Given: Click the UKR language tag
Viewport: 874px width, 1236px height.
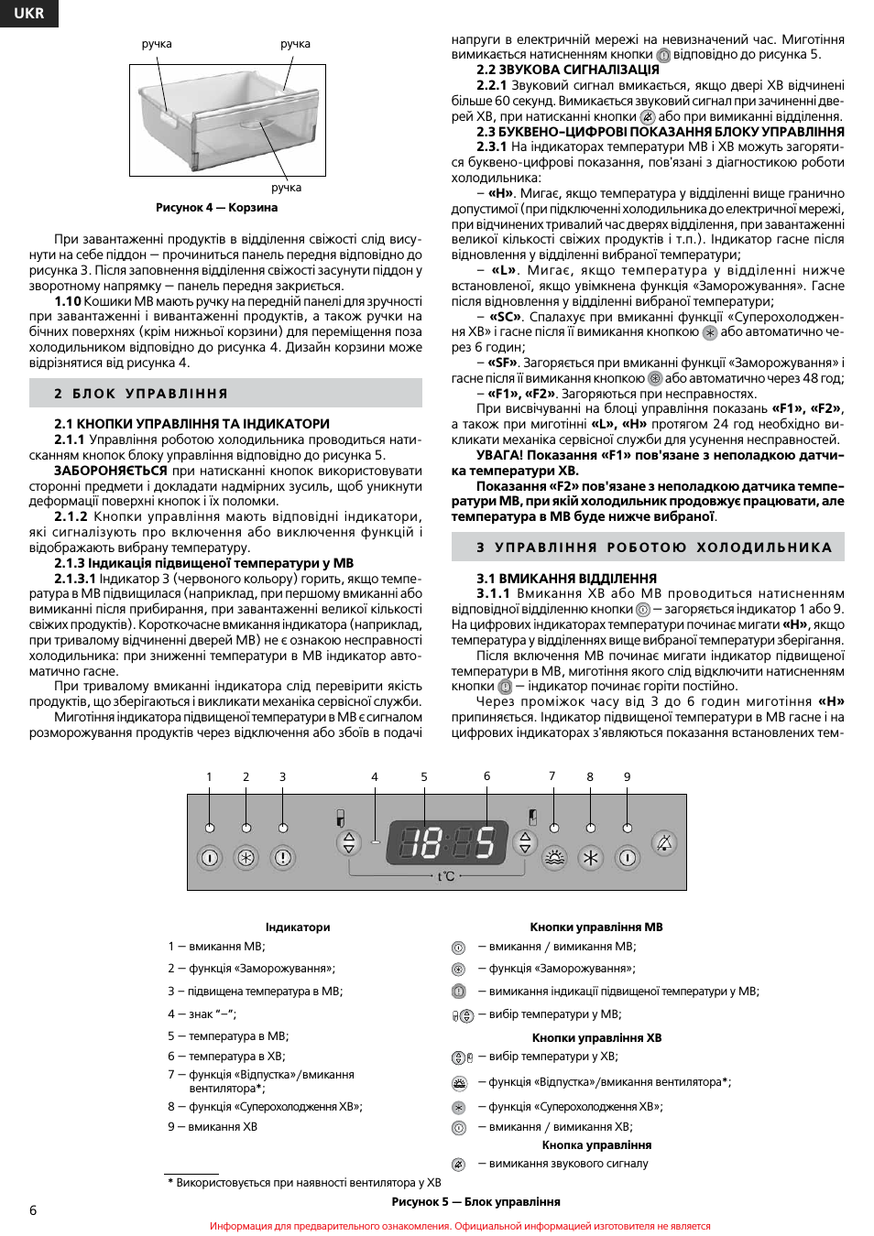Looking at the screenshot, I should [28, 13].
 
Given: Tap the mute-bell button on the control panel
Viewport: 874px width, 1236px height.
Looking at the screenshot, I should [664, 842].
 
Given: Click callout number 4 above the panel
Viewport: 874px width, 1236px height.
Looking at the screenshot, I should [375, 776].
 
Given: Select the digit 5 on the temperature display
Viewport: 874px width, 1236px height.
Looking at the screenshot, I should [484, 842].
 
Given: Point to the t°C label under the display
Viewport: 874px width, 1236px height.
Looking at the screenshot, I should [446, 876].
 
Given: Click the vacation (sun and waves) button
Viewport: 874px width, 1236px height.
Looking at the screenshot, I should [554, 858].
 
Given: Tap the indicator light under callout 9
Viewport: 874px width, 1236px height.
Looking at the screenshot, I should [628, 828].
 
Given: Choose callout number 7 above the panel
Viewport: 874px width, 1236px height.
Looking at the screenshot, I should [552, 775].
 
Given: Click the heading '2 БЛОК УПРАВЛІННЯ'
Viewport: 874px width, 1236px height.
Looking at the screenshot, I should [141, 394].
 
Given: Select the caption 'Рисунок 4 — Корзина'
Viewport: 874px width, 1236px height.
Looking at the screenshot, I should [216, 208].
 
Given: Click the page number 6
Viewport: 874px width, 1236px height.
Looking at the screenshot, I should [34, 1210].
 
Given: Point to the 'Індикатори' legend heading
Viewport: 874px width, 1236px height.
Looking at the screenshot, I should [298, 927].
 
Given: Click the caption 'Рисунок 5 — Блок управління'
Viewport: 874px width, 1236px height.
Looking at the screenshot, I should [475, 1202].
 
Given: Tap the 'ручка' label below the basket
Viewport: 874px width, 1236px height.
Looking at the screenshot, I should [286, 188].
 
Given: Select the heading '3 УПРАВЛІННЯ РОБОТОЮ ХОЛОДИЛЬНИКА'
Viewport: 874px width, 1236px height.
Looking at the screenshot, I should [654, 548].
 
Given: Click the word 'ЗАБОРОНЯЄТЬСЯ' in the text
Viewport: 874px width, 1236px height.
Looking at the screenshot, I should [110, 471].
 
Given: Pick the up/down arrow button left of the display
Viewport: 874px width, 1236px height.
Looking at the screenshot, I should [348, 842].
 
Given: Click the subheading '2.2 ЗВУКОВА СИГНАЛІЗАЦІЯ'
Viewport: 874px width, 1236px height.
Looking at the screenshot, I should [567, 70].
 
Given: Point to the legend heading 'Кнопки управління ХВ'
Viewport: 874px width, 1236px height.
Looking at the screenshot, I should [596, 1038].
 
